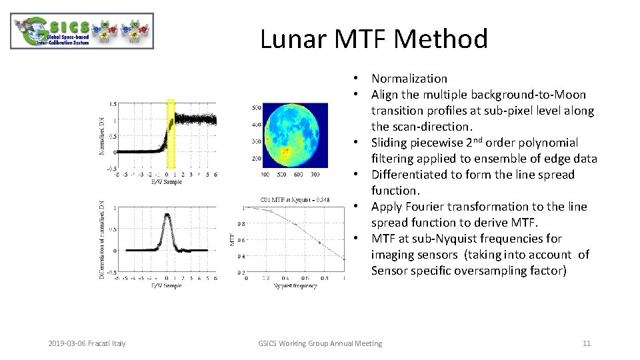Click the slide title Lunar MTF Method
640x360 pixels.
point(373,39)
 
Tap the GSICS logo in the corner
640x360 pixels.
point(83,31)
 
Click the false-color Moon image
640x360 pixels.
point(295,135)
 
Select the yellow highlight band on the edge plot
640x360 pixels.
point(171,133)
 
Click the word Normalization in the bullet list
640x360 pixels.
point(409,79)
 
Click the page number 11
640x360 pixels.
point(587,343)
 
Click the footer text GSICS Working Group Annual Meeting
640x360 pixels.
point(320,343)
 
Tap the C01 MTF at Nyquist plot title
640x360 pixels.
point(295,199)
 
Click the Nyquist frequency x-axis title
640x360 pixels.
point(295,286)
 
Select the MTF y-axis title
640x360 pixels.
point(233,238)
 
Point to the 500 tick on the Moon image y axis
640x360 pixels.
point(256,107)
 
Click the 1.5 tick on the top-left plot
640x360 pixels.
point(113,104)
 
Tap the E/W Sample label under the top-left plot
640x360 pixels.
point(166,181)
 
